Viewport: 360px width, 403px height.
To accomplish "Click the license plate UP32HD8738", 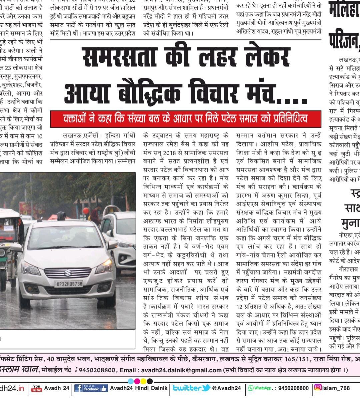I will click(x=68, y=284).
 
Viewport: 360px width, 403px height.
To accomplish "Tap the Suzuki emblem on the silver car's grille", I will click(x=67, y=272).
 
